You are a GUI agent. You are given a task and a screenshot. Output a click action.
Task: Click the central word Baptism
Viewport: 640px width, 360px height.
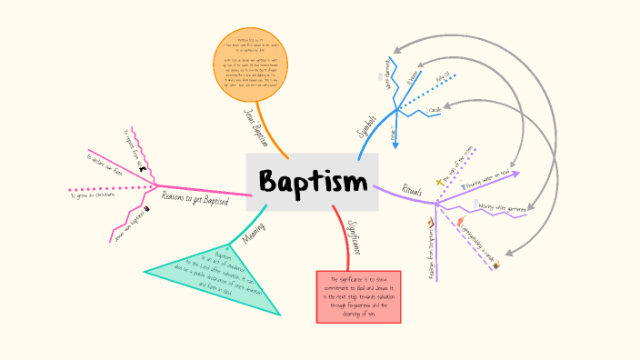click(x=312, y=182)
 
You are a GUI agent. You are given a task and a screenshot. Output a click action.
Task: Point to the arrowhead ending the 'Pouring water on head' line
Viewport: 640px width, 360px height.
click(x=517, y=172)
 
